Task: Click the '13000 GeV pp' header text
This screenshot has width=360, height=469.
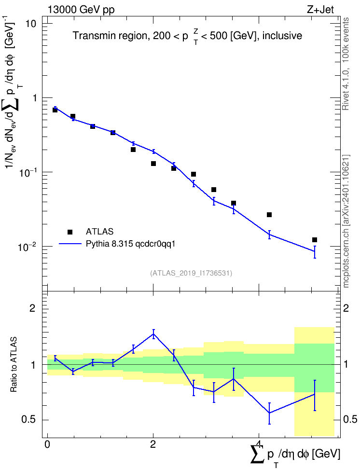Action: [x=81, y=10]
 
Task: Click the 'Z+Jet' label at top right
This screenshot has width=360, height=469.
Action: [x=320, y=10]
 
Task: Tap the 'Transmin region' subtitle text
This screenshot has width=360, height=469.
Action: [x=109, y=36]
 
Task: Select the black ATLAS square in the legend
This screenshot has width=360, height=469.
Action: [x=69, y=232]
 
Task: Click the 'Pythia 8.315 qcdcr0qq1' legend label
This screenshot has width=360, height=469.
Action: [x=130, y=244]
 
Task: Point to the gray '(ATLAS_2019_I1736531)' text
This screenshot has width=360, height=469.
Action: [x=191, y=273]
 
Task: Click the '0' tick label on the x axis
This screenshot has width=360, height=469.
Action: [x=47, y=444]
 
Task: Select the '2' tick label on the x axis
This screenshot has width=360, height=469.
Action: [x=153, y=444]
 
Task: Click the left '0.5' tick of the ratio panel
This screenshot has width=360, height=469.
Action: [x=29, y=420]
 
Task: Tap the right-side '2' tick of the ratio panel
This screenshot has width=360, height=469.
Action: [x=346, y=308]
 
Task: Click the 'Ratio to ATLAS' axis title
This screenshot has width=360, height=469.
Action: [x=14, y=364]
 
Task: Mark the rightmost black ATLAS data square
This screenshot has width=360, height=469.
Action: [x=315, y=240]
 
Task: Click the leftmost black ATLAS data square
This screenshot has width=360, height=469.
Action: [x=55, y=110]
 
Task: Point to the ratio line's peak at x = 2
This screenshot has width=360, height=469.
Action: [x=153, y=334]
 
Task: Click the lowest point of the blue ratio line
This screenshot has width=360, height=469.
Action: [x=269, y=413]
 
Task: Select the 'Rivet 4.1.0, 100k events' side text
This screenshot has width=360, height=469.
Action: [x=346, y=64]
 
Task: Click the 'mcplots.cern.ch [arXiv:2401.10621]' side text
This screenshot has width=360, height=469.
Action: [x=346, y=221]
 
